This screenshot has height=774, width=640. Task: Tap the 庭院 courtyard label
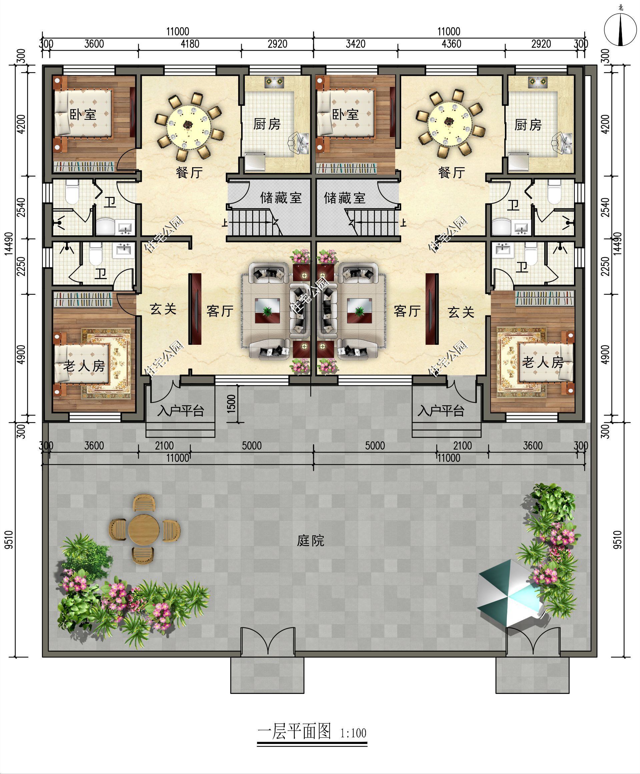pos(310,541)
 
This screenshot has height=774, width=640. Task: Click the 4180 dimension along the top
pos(190,44)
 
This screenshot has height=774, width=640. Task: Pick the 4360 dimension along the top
pos(451,44)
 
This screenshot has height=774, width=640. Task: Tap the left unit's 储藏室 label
pos(281,198)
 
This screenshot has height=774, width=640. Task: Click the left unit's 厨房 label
pos(266,124)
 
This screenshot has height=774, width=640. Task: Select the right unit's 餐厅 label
pos(452,172)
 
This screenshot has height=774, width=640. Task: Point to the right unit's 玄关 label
pos(461,312)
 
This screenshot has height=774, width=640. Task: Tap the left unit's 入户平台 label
pos(180,410)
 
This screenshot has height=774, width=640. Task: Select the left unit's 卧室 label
pos(83,114)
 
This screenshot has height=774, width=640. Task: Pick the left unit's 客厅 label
pos(220,311)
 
